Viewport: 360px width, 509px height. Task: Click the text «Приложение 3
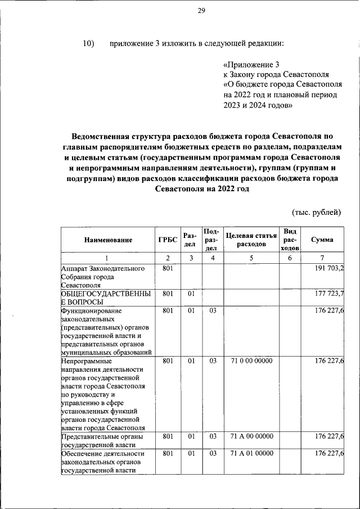[251, 65]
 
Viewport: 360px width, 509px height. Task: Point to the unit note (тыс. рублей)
[317, 212]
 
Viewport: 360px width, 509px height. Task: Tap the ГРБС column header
[166, 240]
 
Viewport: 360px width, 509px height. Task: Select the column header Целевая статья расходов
[251, 240]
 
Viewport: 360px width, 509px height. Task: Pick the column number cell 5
[251, 258]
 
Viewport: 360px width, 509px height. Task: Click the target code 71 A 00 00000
[251, 436]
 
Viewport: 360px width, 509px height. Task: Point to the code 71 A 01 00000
[251, 453]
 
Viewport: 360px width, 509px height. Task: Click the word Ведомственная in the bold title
[103, 137]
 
